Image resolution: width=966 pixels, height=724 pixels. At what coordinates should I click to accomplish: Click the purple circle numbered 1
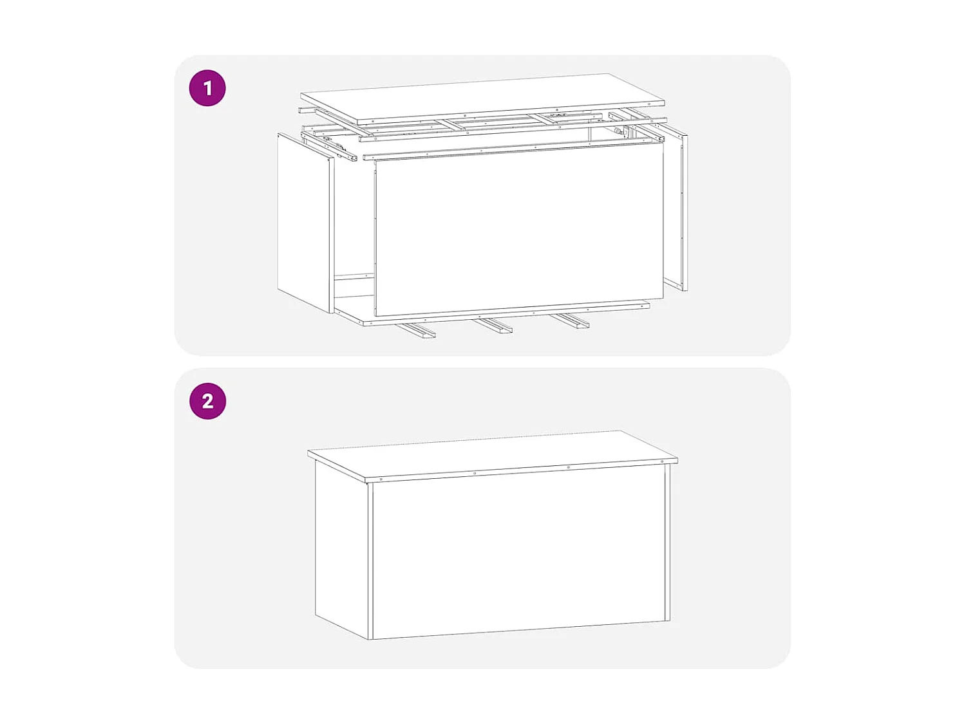(207, 88)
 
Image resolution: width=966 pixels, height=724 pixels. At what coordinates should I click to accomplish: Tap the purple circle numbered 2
(207, 401)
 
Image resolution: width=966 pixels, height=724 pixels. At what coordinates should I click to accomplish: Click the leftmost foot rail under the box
(416, 331)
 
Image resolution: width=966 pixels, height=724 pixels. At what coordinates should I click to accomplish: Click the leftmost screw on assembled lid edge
(381, 479)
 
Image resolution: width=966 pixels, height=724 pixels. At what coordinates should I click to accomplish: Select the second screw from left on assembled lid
(475, 473)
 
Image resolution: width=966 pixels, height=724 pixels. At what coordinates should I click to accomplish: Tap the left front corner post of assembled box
(370, 560)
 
